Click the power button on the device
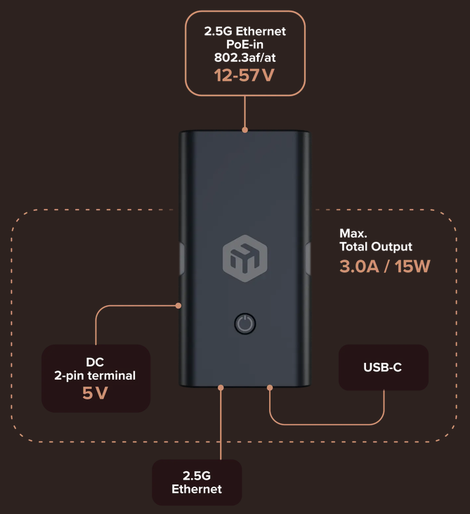(x=245, y=324)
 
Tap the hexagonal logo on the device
(x=245, y=258)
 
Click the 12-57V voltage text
(x=244, y=75)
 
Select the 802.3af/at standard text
(x=245, y=58)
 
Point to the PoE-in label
(x=244, y=44)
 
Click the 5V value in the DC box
(x=95, y=393)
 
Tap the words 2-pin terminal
(x=95, y=375)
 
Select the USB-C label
(x=383, y=367)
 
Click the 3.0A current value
(x=359, y=266)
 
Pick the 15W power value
(x=412, y=266)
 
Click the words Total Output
(x=376, y=247)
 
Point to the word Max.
(x=353, y=233)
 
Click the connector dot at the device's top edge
(x=245, y=130)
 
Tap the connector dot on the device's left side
(x=178, y=305)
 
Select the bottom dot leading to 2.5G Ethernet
(x=221, y=388)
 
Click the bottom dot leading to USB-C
(x=270, y=388)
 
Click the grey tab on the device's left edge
(x=182, y=259)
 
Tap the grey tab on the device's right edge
(x=308, y=259)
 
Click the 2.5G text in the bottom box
(x=197, y=475)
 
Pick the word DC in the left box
(x=95, y=362)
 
